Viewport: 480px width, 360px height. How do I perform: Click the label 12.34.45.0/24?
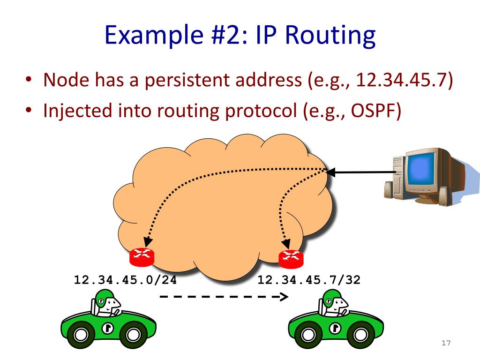coord(125,280)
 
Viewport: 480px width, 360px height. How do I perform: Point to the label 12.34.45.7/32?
coord(309,280)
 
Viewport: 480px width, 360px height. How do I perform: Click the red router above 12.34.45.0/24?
coord(142,256)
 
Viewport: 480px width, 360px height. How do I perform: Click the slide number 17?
coord(446,344)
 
